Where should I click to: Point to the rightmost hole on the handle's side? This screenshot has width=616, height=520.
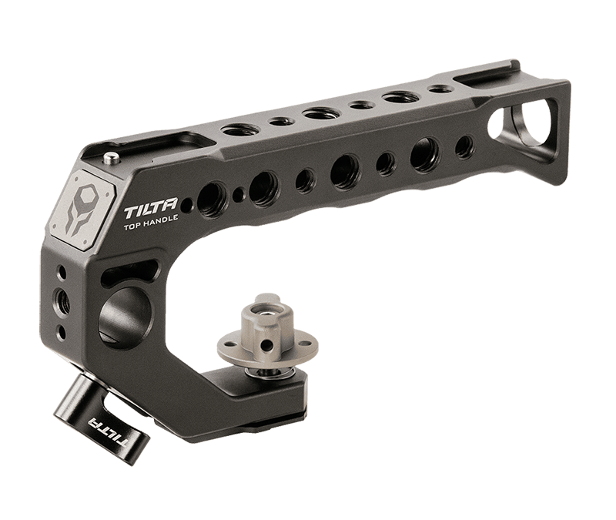[x=464, y=146]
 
